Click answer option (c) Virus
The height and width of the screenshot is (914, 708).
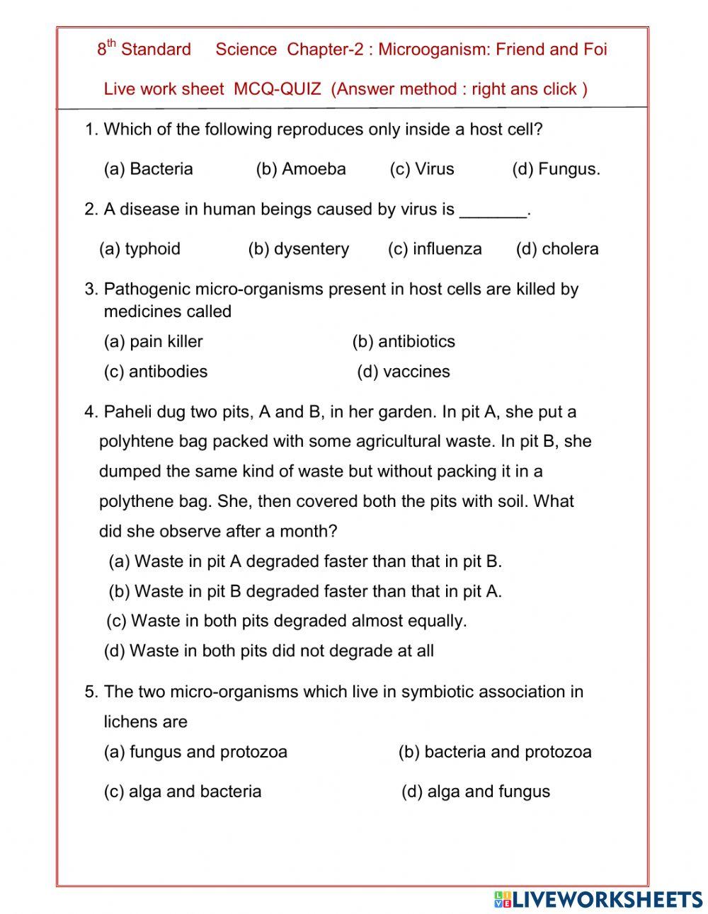(x=422, y=169)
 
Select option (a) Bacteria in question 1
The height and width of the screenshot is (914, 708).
(x=148, y=169)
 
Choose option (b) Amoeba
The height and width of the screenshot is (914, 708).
(x=301, y=169)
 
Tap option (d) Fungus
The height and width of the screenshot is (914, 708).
(x=556, y=169)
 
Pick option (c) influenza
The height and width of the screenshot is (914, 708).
(x=435, y=249)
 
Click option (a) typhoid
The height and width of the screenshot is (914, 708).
(x=139, y=249)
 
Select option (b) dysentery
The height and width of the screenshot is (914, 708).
(x=298, y=249)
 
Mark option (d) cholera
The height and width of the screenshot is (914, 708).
(x=557, y=249)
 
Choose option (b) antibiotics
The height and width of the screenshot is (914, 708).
(x=404, y=342)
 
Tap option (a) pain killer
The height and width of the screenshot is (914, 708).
(x=153, y=342)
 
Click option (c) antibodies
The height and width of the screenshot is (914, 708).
(x=156, y=372)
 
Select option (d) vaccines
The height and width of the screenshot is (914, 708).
(x=404, y=372)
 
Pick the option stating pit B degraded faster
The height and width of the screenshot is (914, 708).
(x=305, y=591)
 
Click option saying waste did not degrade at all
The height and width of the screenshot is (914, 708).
(x=269, y=651)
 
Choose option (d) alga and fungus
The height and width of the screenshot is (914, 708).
(x=476, y=792)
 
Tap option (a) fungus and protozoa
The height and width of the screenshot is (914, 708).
(x=195, y=752)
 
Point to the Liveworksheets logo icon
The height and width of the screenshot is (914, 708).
(x=503, y=899)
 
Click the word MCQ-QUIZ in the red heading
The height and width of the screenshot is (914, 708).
(x=277, y=89)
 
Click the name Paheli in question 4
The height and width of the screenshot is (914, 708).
(x=127, y=412)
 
